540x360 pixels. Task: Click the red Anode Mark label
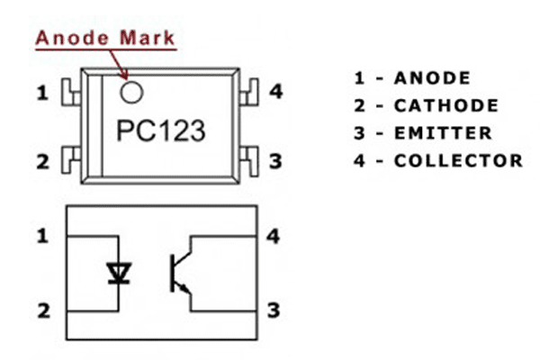[x=106, y=39]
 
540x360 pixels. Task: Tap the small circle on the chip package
[x=132, y=90]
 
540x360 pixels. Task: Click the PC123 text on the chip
[x=161, y=130]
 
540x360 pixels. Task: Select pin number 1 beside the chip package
[x=42, y=92]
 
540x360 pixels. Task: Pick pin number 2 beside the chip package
[x=42, y=162]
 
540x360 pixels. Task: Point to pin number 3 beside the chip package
[x=276, y=162]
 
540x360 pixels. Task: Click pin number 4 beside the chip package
[x=276, y=92]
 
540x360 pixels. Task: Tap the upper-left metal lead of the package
[x=67, y=91]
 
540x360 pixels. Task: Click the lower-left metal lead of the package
[x=67, y=160]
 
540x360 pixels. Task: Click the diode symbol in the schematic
[x=116, y=273]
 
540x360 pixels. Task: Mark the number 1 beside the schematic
[x=42, y=237]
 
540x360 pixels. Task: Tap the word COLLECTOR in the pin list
[x=457, y=161]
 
